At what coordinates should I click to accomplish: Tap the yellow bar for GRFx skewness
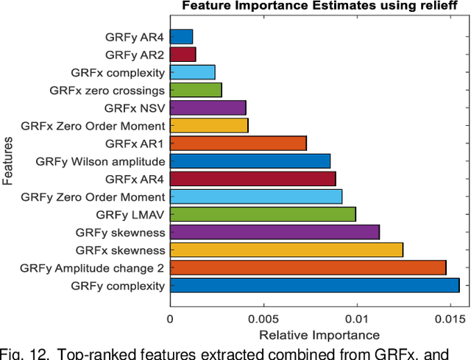(x=286, y=250)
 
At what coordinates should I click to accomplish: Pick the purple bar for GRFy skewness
(x=275, y=232)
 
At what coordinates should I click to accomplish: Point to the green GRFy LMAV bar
(x=263, y=214)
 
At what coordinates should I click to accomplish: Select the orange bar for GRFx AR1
(x=238, y=143)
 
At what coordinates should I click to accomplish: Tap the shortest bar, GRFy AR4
(x=181, y=37)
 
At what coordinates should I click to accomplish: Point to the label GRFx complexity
(x=116, y=72)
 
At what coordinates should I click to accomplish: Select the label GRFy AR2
(x=135, y=54)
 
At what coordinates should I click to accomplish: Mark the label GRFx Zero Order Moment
(x=93, y=125)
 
